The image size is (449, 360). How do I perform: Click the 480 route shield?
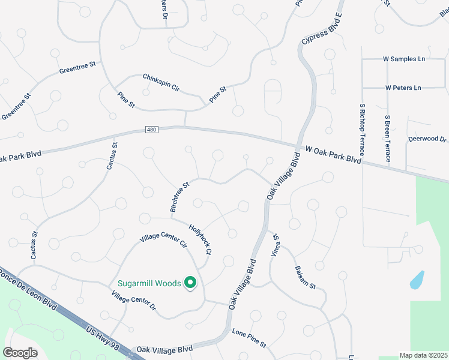pyautogui.click(x=151, y=130)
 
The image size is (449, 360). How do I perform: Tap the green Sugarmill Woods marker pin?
pyautogui.click(x=190, y=283)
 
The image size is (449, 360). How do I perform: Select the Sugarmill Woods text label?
pyautogui.click(x=149, y=283)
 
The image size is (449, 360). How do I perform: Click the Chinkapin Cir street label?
pyautogui.click(x=161, y=82)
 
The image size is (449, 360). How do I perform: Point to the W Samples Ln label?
pyautogui.click(x=404, y=59)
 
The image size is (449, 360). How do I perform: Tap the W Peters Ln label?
pyautogui.click(x=403, y=88)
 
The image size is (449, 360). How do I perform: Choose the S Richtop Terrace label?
pyautogui.click(x=363, y=129)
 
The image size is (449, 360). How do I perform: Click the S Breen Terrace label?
pyautogui.click(x=388, y=139)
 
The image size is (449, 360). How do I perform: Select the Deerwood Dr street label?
pyautogui.click(x=427, y=139)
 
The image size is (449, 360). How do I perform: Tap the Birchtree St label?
pyautogui.click(x=179, y=196)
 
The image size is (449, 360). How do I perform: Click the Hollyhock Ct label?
pyautogui.click(x=200, y=238)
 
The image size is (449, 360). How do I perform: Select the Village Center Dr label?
pyautogui.click(x=133, y=301)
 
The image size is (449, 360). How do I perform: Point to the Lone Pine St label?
pyautogui.click(x=249, y=338)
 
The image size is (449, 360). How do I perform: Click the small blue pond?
pyautogui.click(x=417, y=280)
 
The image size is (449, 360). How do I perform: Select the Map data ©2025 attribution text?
pyautogui.click(x=423, y=355)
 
